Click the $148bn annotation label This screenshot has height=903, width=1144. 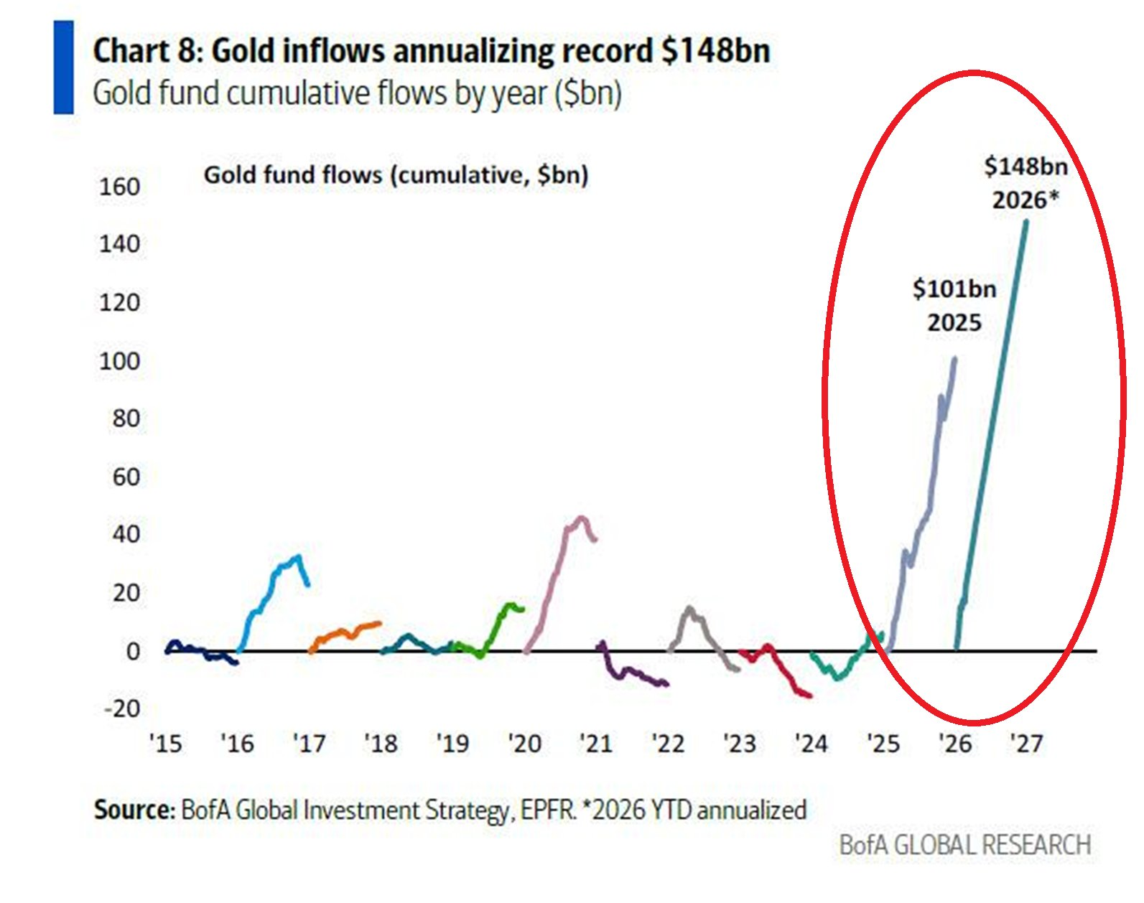pos(1026,167)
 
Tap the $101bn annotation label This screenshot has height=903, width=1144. pos(954,289)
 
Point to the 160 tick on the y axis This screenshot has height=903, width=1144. pos(119,187)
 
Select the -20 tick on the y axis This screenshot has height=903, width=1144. pos(122,708)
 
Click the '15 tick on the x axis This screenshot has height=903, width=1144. pos(166,743)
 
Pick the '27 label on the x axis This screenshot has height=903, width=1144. pos(1026,743)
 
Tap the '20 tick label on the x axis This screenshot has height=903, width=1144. pos(524,743)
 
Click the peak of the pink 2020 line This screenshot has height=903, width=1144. pos(581,518)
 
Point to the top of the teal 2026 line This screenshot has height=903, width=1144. pos(1026,222)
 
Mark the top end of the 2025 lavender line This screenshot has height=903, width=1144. pos(954,358)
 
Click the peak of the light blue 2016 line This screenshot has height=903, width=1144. pos(298,556)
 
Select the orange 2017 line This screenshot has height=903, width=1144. pos(345,632)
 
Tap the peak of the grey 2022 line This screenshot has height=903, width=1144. pos(690,609)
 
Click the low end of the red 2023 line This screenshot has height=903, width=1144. pos(809,695)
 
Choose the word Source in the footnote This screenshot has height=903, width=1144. pos(134,810)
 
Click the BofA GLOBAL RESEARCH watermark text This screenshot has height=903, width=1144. pos(965,845)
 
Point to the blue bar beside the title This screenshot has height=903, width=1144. pos(63,67)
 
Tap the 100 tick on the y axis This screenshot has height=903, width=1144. pos(119,360)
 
